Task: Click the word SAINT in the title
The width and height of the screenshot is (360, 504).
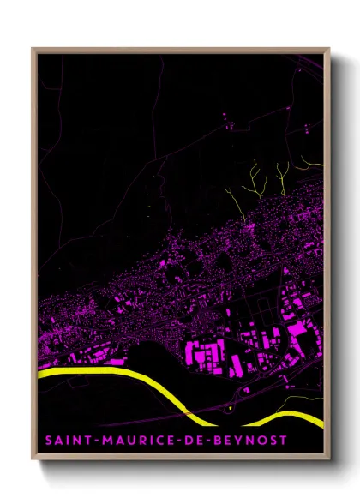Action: [63, 440]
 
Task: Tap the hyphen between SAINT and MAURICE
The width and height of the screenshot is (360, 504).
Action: [86, 440]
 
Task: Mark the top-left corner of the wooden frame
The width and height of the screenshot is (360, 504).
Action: [33, 49]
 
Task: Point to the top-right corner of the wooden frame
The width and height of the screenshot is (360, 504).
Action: [329, 49]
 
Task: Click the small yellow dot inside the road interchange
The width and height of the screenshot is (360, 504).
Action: [230, 408]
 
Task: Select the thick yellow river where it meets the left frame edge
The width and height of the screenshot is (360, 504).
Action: [41, 373]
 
